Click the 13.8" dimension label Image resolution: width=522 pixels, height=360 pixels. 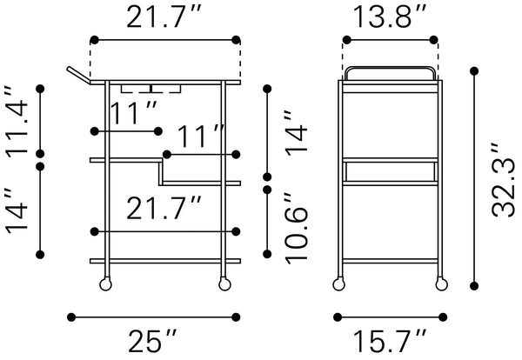pyautogui.click(x=389, y=17)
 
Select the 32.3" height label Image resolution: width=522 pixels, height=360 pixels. pyautogui.click(x=504, y=181)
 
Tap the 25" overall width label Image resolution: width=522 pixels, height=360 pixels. pyautogui.click(x=153, y=341)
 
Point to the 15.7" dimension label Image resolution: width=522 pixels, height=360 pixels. pyautogui.click(x=389, y=341)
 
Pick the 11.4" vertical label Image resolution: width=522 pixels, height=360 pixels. pyautogui.click(x=17, y=122)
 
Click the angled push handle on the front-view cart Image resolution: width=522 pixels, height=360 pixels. pyautogui.click(x=78, y=75)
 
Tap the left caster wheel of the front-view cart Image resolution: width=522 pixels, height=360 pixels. pyautogui.click(x=105, y=285)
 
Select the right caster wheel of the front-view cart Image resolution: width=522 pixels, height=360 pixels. pyautogui.click(x=224, y=285)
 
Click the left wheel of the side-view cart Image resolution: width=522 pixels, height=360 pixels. pyautogui.click(x=339, y=285)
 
